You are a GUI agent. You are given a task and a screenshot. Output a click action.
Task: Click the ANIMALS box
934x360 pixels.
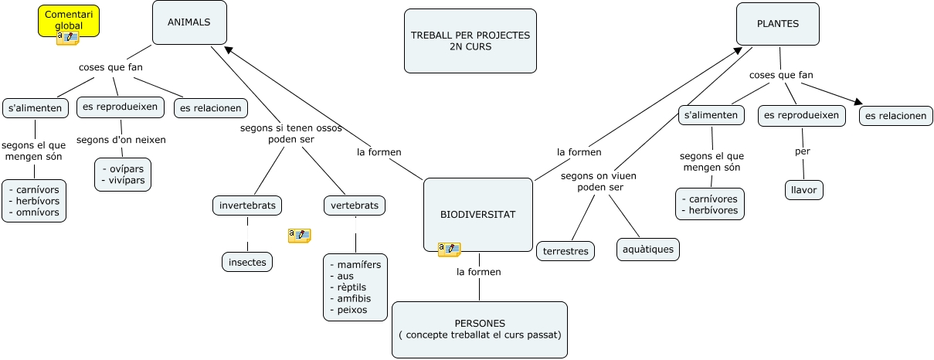(189, 22)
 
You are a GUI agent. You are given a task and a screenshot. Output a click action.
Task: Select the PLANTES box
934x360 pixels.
(778, 24)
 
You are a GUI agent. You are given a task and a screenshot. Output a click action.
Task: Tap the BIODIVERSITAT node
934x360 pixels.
(478, 214)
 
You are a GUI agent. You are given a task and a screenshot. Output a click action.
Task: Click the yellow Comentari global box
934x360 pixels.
(69, 20)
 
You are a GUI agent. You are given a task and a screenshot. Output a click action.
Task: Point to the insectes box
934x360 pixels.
(247, 263)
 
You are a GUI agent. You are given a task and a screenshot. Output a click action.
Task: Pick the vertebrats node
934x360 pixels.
(355, 206)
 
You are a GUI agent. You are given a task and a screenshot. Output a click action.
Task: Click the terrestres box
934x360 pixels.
(565, 251)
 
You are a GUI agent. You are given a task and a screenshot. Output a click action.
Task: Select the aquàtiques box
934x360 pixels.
(648, 249)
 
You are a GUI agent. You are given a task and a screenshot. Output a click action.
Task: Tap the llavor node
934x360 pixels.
(803, 189)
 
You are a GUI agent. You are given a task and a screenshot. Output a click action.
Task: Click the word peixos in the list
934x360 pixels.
(352, 310)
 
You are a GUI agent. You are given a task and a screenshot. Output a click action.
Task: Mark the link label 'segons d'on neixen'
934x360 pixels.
(121, 140)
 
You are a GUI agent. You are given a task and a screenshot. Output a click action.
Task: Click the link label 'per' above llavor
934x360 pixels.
(803, 151)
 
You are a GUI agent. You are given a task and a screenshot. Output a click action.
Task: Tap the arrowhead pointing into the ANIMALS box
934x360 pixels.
(228, 49)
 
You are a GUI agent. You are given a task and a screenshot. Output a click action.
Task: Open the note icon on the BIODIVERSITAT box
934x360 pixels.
(449, 250)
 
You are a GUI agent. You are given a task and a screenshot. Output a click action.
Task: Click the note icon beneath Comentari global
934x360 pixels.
(67, 37)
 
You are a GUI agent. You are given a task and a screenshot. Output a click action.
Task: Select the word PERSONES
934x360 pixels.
(480, 323)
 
